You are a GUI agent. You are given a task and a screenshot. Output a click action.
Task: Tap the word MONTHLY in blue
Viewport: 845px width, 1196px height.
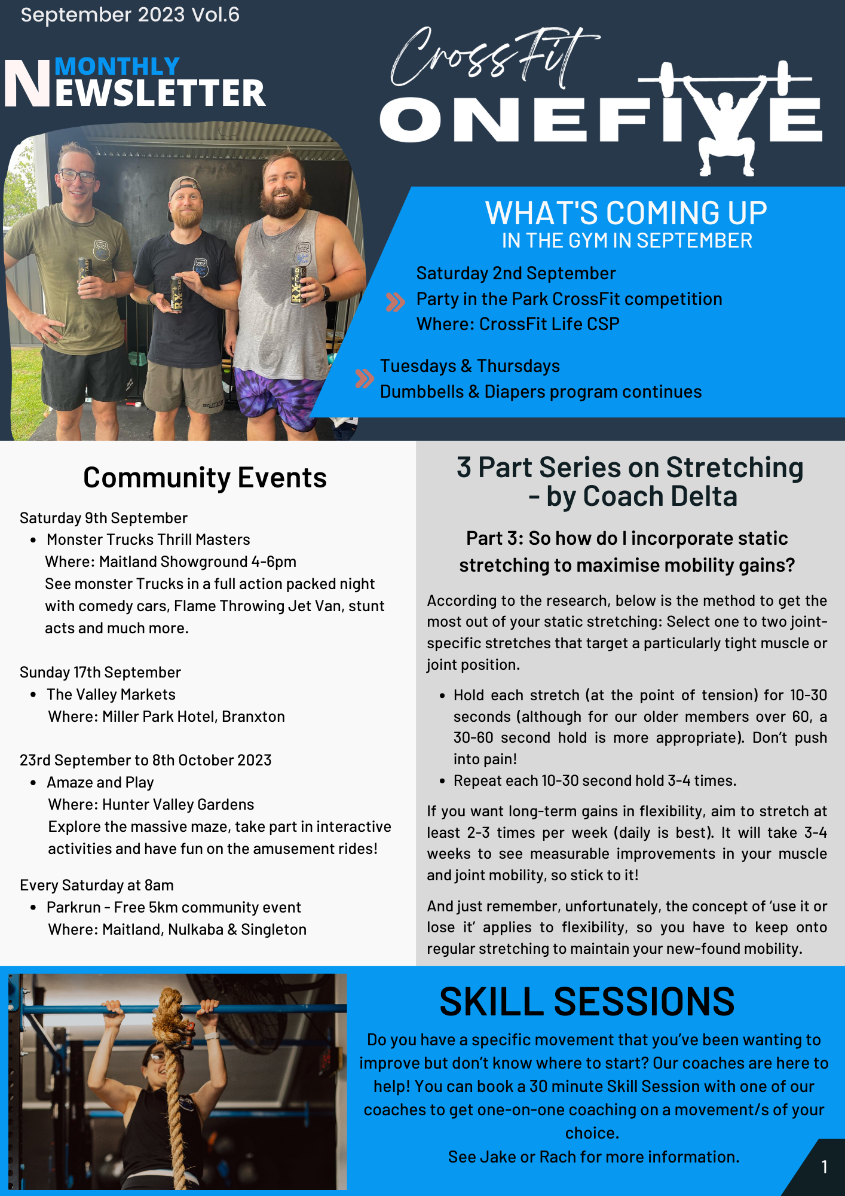tap(117, 66)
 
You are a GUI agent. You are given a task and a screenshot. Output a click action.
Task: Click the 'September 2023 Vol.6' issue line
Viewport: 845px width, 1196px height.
tap(130, 15)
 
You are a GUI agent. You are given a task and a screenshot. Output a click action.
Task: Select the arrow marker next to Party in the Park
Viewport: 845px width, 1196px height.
tap(395, 302)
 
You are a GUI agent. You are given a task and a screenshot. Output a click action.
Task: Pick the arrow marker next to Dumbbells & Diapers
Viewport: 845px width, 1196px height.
tap(364, 379)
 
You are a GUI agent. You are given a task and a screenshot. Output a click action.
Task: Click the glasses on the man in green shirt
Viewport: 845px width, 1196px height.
tap(78, 176)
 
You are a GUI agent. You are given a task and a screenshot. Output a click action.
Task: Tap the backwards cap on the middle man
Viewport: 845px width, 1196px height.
tap(184, 189)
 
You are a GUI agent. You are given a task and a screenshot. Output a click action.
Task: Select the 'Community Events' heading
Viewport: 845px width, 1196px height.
tap(204, 478)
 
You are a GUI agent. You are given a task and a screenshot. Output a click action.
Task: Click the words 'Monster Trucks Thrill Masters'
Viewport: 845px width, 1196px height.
tap(148, 539)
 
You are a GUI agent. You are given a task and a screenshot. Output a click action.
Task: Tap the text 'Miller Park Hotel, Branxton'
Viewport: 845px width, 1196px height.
tap(193, 716)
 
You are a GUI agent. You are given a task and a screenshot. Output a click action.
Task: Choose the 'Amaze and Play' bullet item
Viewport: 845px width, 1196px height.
tap(100, 782)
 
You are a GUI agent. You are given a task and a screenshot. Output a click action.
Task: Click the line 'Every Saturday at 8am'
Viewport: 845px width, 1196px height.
tap(97, 885)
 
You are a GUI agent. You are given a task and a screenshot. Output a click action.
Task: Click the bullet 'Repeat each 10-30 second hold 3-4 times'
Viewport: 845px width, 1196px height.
tap(595, 780)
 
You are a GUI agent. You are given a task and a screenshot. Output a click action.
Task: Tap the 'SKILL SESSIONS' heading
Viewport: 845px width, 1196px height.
tap(586, 1002)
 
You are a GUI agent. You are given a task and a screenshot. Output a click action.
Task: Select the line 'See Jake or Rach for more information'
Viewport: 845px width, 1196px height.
tap(593, 1157)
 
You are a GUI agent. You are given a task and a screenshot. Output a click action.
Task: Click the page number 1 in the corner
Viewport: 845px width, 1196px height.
tap(824, 1167)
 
